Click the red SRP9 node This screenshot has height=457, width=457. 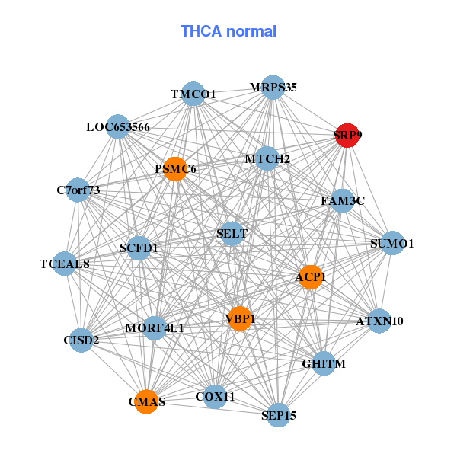347,136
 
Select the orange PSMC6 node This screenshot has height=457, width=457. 175,169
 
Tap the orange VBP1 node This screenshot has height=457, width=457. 240,318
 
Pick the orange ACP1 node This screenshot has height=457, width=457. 311,277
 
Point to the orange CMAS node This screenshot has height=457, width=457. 146,401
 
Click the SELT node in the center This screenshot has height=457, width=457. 232,234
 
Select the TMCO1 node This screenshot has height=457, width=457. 193,94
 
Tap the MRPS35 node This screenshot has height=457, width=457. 273,88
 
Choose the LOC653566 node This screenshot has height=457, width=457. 117,126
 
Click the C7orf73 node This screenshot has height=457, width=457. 78,190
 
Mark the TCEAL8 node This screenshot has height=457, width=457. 65,264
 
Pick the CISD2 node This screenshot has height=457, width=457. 81,340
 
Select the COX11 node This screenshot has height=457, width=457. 215,396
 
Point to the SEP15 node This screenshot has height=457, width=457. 279,415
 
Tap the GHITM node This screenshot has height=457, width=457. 324,363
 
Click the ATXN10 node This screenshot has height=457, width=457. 379,321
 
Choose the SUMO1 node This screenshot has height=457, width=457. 392,243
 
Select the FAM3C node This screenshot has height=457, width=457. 343,201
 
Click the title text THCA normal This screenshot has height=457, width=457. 228,31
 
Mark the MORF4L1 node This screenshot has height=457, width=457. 155,328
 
